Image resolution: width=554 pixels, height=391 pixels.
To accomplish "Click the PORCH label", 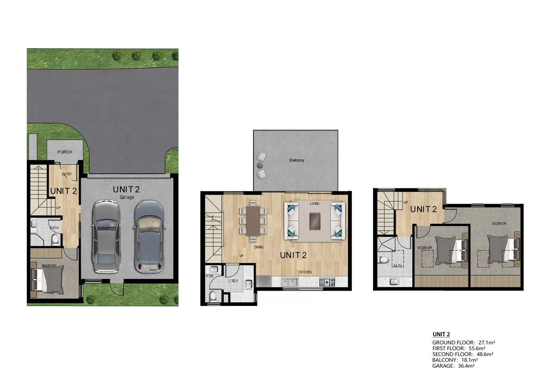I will (x=65, y=152).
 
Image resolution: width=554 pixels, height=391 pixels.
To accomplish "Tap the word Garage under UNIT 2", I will (x=127, y=197).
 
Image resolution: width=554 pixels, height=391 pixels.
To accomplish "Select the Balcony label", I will (x=297, y=160).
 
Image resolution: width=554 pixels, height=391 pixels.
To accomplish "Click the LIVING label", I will (x=314, y=204).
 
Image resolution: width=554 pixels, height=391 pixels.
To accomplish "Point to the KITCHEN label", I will (x=305, y=272).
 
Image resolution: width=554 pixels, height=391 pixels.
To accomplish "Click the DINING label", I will (x=259, y=247).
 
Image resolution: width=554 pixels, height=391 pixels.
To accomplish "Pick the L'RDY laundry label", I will (x=233, y=281).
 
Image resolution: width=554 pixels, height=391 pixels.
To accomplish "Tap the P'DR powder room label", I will (x=210, y=277).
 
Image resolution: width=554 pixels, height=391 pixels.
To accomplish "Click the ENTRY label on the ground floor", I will (x=66, y=174).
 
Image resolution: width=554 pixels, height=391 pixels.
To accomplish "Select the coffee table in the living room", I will (x=315, y=221).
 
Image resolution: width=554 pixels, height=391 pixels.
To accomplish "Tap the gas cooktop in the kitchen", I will (x=327, y=282).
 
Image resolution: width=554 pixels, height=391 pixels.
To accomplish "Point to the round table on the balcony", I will (x=259, y=165).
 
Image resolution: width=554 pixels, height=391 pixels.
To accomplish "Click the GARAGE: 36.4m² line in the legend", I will (x=453, y=366).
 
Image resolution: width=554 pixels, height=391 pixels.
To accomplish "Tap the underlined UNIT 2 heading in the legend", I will (x=441, y=335).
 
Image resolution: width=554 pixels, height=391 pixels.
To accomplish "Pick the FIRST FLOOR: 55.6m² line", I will (x=459, y=348).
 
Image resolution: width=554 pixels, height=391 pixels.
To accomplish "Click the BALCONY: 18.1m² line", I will (x=455, y=360).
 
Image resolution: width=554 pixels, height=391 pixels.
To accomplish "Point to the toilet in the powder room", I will (x=213, y=297).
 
